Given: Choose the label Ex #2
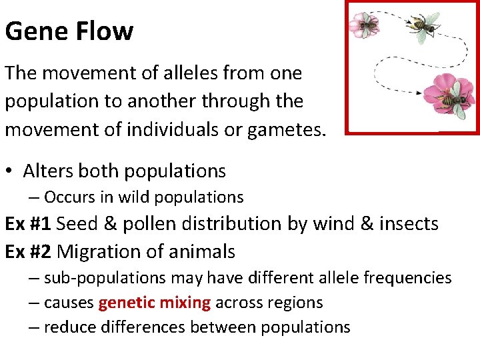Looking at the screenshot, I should [29, 252].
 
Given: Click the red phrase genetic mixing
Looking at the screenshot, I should [155, 303].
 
